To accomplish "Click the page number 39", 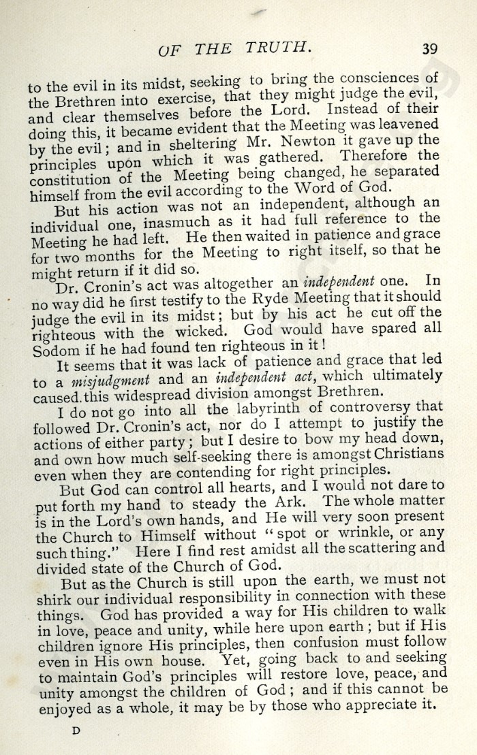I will pos(430,48).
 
